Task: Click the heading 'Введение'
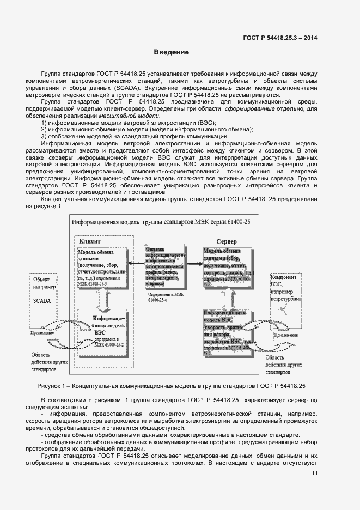170,53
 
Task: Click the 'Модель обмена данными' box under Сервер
228,267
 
